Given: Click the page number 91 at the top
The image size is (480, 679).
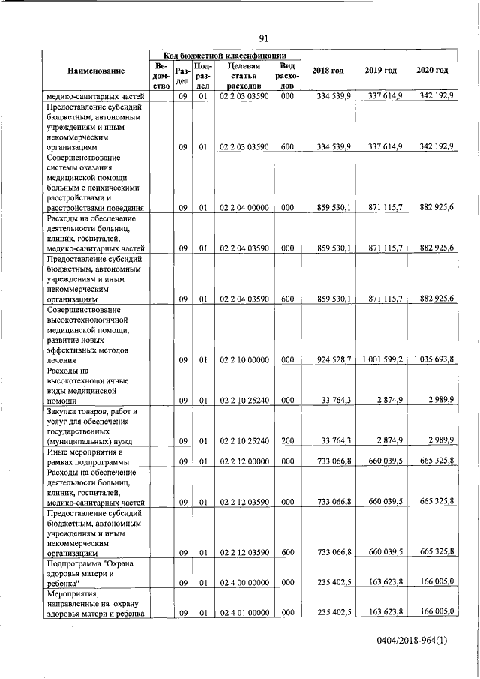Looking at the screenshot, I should pyautogui.click(x=263, y=38).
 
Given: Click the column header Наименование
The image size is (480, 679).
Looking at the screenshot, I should pyautogui.click(x=95, y=70).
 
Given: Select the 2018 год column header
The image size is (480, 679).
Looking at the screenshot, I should pyautogui.click(x=328, y=70).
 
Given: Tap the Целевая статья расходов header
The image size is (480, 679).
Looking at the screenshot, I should pyautogui.click(x=244, y=76).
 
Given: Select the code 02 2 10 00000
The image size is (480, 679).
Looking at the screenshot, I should pyautogui.click(x=244, y=360).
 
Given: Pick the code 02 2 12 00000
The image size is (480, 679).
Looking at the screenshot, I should pyautogui.click(x=244, y=461).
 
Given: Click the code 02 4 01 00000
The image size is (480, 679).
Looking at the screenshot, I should pyautogui.click(x=244, y=613).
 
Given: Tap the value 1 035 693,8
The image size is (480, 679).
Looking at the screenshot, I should pyautogui.click(x=433, y=360).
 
